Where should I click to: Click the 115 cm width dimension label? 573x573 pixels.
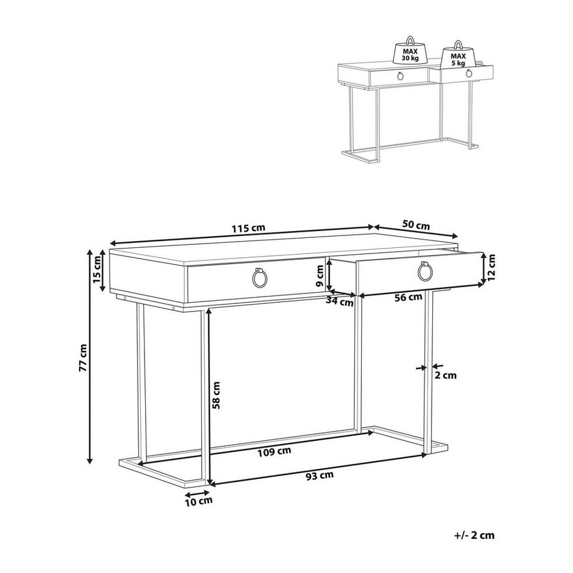(x=248, y=228)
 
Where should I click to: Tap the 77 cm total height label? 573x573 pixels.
(x=83, y=358)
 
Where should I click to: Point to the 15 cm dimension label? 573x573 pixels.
(x=97, y=270)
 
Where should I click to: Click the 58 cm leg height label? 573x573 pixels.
(x=216, y=395)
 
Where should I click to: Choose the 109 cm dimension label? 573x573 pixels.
(x=275, y=452)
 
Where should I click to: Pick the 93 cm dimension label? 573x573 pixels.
(x=320, y=475)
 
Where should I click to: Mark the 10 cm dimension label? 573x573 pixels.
(x=199, y=501)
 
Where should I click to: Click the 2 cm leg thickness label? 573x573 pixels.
(x=445, y=375)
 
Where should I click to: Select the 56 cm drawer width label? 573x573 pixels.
(x=408, y=298)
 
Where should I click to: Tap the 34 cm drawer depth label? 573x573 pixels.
(x=339, y=302)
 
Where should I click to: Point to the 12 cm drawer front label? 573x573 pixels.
(x=491, y=268)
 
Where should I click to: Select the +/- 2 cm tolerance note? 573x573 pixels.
(x=475, y=536)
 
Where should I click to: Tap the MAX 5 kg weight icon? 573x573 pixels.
(x=458, y=55)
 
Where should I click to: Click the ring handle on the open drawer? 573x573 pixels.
(x=425, y=272)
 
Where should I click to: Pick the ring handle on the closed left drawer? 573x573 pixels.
(x=260, y=278)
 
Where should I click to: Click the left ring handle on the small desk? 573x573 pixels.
(x=400, y=76)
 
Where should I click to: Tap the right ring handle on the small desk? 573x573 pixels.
(x=469, y=73)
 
